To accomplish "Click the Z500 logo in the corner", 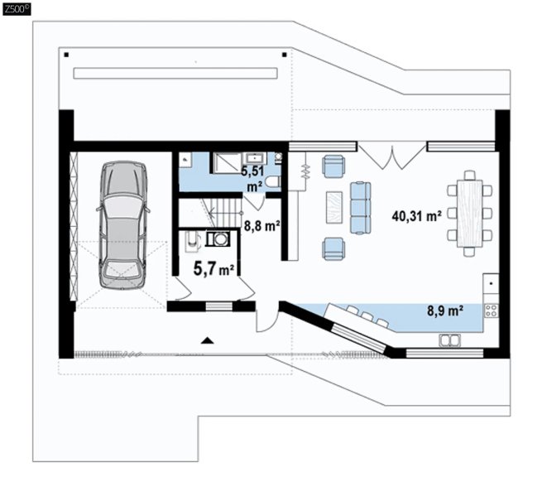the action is pos(17,8).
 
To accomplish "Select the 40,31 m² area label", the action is pos(416,216).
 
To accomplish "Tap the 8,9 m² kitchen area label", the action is pos(445,311).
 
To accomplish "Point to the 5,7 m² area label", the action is pos(214,268).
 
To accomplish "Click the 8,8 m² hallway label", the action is pos(262,226).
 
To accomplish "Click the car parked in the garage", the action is pos(122,225).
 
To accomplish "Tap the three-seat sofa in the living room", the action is pos(360,208).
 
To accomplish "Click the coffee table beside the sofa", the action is pos(334,208).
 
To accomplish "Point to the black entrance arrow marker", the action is pos(207,340).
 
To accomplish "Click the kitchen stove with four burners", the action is pos(492,311).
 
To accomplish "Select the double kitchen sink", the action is pos(449,340).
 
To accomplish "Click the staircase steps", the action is pos(225,212).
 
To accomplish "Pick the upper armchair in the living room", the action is pos(333,166).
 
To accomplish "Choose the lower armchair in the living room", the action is pos(333,248).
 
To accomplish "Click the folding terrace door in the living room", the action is pos(392,157).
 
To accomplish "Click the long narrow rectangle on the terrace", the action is pos(175,74).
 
